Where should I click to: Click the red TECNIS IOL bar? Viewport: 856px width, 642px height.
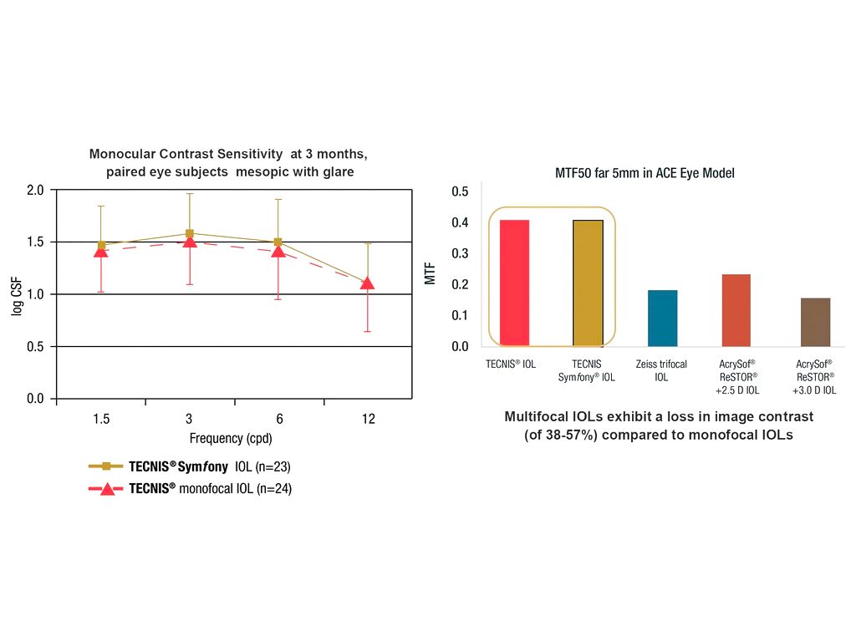(x=514, y=283)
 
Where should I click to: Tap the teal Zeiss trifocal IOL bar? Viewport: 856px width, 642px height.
(x=662, y=318)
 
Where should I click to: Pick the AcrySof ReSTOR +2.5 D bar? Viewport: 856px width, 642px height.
(x=736, y=310)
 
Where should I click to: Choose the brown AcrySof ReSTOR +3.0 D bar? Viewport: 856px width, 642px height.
(x=815, y=322)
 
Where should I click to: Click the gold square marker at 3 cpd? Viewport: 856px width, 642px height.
(x=190, y=234)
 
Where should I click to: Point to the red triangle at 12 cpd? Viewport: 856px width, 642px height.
(x=367, y=283)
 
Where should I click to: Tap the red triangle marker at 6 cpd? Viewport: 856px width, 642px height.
(x=278, y=250)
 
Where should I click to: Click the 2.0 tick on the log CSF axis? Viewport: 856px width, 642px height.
(x=35, y=190)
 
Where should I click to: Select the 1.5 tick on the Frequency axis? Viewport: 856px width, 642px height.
(x=101, y=420)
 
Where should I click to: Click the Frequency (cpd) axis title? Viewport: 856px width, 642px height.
(x=231, y=438)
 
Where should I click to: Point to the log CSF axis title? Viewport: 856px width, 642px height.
(x=16, y=294)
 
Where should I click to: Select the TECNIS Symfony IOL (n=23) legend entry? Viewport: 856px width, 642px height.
(x=209, y=467)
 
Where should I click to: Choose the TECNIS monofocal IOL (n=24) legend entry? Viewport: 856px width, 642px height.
(x=210, y=489)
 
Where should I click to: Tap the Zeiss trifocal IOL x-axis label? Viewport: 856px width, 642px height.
(x=661, y=370)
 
